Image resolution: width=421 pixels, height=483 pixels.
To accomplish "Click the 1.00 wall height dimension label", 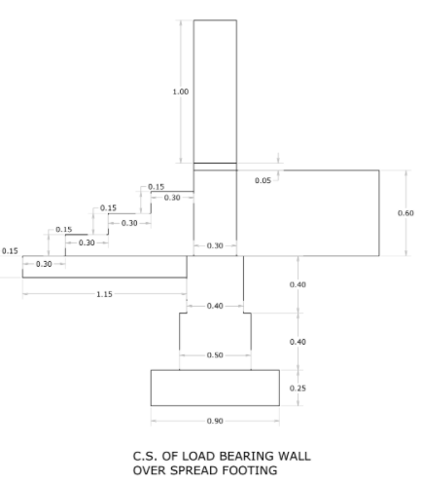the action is pyautogui.click(x=181, y=92).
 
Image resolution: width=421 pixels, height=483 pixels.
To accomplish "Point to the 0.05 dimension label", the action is pyautogui.click(x=263, y=180).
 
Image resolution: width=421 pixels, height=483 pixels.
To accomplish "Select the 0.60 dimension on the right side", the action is pyautogui.click(x=405, y=213).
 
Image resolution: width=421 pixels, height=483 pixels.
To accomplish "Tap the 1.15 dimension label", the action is pyautogui.click(x=104, y=294).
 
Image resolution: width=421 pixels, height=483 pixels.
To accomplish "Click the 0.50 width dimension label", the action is pyautogui.click(x=215, y=355).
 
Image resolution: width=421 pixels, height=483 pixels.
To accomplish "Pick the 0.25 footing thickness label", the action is pyautogui.click(x=298, y=389).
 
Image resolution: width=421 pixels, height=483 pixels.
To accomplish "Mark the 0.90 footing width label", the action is pyautogui.click(x=215, y=421).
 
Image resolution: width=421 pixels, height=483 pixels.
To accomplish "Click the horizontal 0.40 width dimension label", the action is pyautogui.click(x=215, y=306).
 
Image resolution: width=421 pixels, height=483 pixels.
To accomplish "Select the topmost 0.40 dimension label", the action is pyautogui.click(x=298, y=284).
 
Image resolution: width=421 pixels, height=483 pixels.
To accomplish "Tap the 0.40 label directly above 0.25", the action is pyautogui.click(x=298, y=342).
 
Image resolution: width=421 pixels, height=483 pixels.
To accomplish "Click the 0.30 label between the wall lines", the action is pyautogui.click(x=215, y=245).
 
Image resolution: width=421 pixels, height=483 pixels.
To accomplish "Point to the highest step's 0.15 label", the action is pyautogui.click(x=157, y=187).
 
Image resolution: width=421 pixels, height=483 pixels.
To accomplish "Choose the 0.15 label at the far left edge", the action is pyautogui.click(x=10, y=251).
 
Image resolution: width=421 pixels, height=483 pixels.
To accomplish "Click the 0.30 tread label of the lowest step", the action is pyautogui.click(x=44, y=264).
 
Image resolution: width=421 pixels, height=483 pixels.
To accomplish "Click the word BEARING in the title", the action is pyautogui.click(x=249, y=456).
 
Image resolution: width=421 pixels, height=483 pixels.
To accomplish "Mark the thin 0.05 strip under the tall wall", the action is pyautogui.click(x=215, y=167).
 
